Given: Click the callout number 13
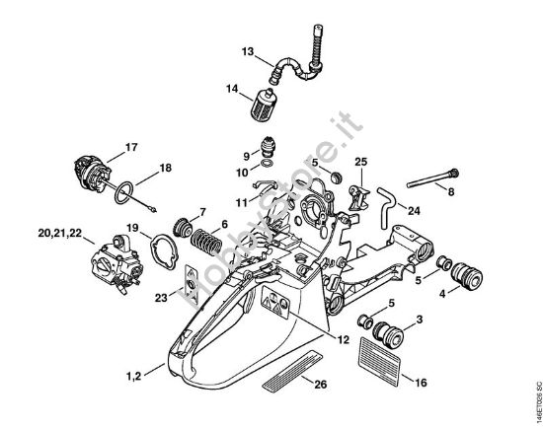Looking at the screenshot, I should (248, 51).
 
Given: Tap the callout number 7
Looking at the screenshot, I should (202, 212).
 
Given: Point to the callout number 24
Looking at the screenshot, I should (414, 210).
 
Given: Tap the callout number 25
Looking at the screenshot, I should (361, 161).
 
